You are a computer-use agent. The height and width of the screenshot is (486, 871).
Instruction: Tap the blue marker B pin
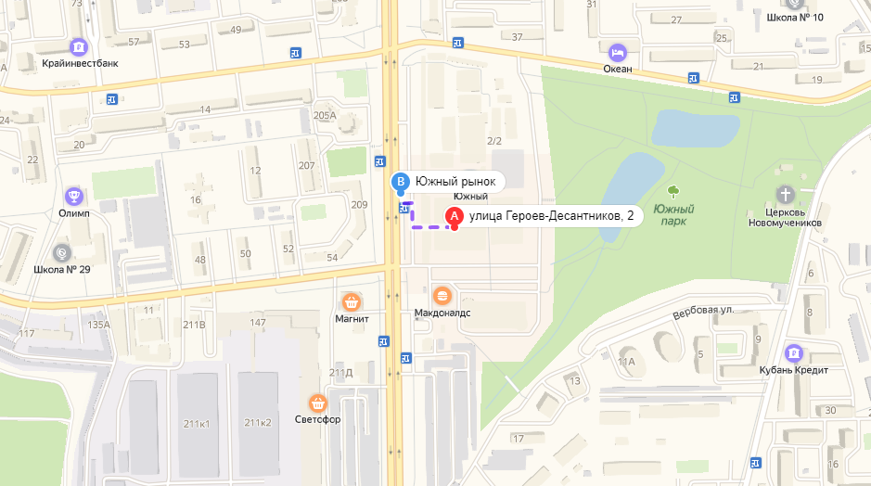click(400, 182)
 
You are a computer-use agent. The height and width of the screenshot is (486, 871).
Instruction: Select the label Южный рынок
click(455, 182)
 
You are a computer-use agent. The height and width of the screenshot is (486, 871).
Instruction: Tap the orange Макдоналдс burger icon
click(442, 295)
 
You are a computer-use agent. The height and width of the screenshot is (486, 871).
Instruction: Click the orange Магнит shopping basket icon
click(352, 301)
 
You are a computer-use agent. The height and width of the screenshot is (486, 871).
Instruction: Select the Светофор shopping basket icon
click(318, 403)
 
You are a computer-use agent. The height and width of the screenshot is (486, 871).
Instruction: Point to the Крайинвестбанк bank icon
click(79, 46)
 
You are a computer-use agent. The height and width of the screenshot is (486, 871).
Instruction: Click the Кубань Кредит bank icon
click(793, 353)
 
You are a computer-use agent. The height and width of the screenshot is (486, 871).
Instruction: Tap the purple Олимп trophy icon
click(73, 196)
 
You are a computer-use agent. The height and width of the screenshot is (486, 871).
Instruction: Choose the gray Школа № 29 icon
click(61, 251)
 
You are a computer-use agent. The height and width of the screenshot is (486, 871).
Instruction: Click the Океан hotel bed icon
click(618, 51)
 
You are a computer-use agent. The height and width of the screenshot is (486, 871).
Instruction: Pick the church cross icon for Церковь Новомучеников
click(786, 195)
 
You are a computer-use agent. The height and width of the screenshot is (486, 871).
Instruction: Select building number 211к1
click(196, 423)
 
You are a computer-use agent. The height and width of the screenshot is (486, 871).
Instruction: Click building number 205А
click(325, 115)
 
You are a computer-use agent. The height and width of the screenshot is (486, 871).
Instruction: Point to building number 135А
click(98, 325)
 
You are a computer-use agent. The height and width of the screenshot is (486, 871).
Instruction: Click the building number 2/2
click(493, 141)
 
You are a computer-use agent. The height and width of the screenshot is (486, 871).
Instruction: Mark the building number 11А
click(626, 361)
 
